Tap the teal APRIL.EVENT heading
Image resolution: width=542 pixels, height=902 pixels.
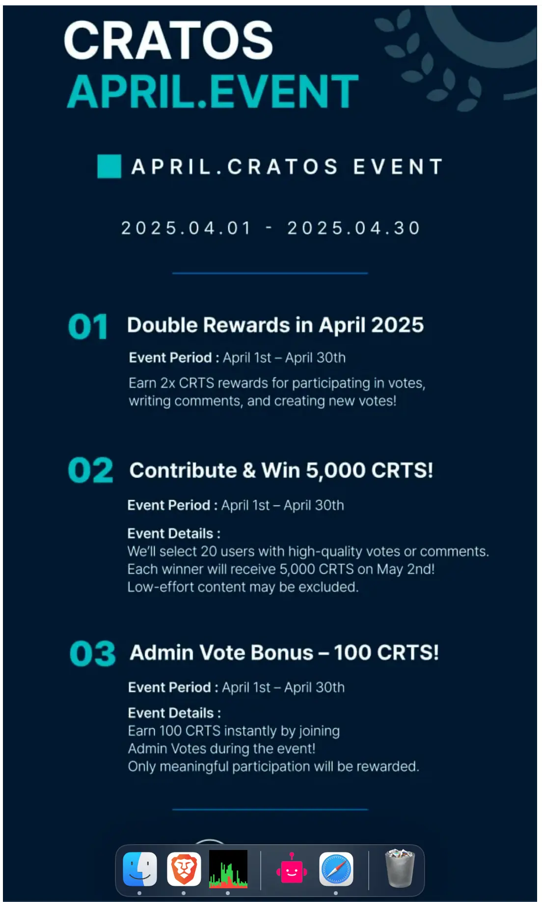click(x=213, y=91)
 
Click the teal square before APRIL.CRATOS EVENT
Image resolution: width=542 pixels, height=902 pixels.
click(x=109, y=166)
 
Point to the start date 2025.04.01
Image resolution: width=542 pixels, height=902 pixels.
click(x=186, y=228)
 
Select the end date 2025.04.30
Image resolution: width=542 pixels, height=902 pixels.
click(x=353, y=228)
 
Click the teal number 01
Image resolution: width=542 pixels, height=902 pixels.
click(x=88, y=327)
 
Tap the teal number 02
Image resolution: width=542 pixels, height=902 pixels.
click(x=91, y=470)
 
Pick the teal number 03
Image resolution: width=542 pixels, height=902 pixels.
click(x=93, y=654)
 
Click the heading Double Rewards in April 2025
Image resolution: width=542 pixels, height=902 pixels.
click(x=275, y=325)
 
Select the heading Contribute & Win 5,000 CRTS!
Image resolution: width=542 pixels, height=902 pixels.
click(x=281, y=471)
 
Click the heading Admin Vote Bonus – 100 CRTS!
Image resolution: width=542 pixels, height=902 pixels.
click(x=284, y=653)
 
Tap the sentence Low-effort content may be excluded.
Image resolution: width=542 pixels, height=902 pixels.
click(x=243, y=587)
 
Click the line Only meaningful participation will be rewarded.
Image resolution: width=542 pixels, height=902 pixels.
click(x=273, y=767)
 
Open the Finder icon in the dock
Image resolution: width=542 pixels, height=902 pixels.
click(x=140, y=869)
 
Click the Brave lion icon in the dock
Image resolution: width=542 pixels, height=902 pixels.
click(x=184, y=869)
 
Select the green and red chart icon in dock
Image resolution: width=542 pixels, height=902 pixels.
click(x=228, y=869)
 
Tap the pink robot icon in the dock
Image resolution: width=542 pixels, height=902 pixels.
click(x=292, y=869)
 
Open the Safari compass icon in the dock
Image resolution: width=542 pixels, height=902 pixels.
click(x=336, y=869)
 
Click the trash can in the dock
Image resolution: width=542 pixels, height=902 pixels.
click(x=400, y=869)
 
